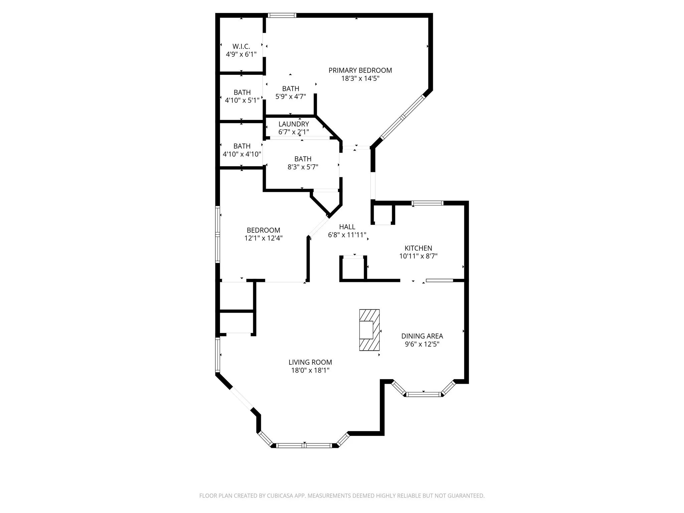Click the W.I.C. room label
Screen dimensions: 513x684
(241, 46)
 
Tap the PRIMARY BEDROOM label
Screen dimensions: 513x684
(360, 70)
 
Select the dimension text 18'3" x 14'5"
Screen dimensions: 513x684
(360, 79)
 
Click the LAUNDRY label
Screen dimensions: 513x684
(294, 124)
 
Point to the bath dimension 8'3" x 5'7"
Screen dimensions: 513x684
(303, 167)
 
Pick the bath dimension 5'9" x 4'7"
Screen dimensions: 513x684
(291, 97)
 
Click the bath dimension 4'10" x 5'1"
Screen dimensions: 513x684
(242, 100)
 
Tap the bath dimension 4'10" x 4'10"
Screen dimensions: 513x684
(242, 154)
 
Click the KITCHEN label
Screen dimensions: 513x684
(418, 248)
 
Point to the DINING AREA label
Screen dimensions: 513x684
(422, 336)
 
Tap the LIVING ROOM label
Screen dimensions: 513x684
(310, 362)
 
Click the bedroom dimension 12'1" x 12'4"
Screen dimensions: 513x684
(264, 238)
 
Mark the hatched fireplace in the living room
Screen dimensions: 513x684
(369, 330)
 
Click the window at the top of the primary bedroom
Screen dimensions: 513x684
(282, 15)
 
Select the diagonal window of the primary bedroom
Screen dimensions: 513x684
(402, 117)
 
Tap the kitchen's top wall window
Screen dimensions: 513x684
(427, 203)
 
